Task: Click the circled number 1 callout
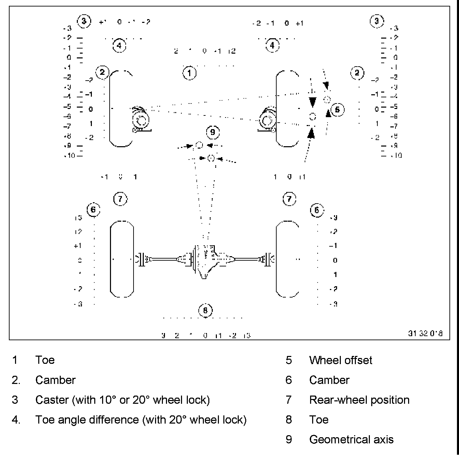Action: pyautogui.click(x=190, y=73)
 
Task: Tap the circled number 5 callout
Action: pyautogui.click(x=337, y=110)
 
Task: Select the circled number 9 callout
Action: pyautogui.click(x=213, y=132)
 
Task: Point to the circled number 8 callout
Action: pyautogui.click(x=205, y=311)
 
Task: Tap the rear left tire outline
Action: pyautogui.click(x=122, y=259)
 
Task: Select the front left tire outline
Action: pyautogui.click(x=121, y=109)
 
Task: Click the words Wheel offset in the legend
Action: pyautogui.click(x=340, y=360)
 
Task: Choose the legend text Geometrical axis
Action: pyautogui.click(x=351, y=440)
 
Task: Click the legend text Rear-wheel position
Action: pyautogui.click(x=359, y=400)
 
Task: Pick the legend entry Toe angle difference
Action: pyautogui.click(x=141, y=420)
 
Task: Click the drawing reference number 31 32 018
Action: pyautogui.click(x=425, y=333)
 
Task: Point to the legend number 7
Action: pyautogui.click(x=289, y=400)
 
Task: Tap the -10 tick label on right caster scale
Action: pyautogui.click(x=396, y=156)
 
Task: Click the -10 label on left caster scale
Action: pyautogui.click(x=69, y=156)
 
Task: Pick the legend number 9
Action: pyautogui.click(x=289, y=440)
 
